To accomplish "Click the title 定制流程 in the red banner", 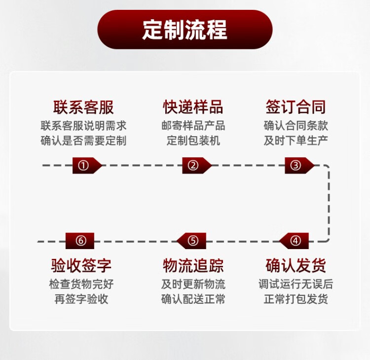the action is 185,30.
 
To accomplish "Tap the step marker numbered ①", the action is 83,166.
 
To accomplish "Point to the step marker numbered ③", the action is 296,166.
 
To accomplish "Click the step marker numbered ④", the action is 296,241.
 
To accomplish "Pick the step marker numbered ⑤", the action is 193,241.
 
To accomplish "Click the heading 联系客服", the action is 83,107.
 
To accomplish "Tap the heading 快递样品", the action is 193,107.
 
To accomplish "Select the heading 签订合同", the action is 296,107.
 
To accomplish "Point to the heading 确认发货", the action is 296,266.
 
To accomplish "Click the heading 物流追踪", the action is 193,266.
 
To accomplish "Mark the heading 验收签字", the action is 81,266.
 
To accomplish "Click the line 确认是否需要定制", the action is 83,141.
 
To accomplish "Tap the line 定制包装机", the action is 193,141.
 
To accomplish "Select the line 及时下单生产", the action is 296,141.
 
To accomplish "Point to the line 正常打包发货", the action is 296,299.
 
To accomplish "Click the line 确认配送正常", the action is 193,299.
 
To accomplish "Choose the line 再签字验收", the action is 81,299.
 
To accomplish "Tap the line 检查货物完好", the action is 81,284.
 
